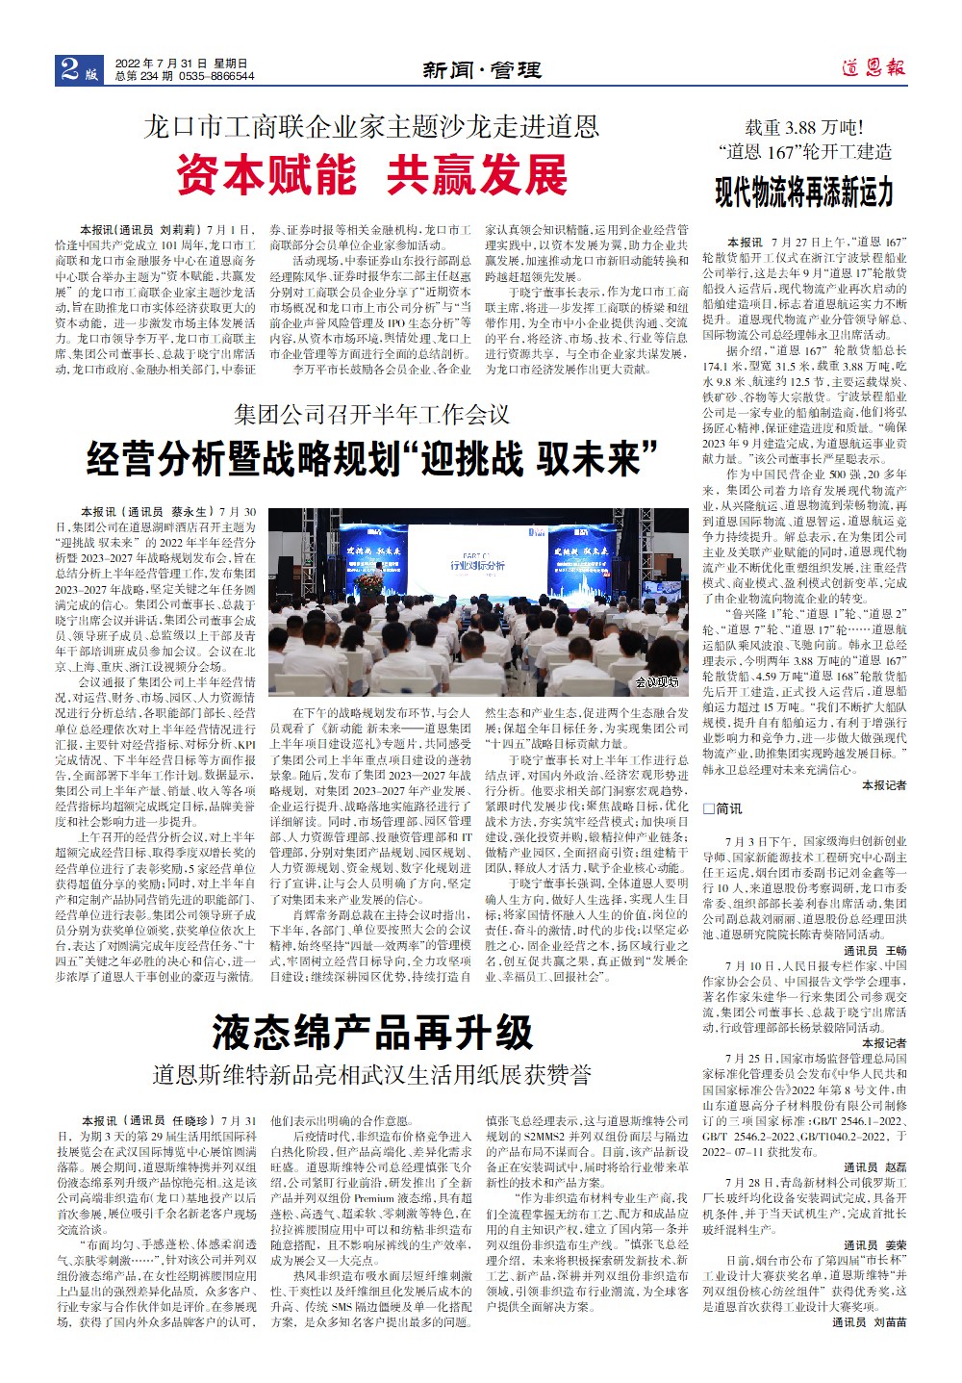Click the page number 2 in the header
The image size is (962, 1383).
point(69,68)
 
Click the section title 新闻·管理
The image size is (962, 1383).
point(482,70)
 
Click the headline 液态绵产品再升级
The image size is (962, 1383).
point(372,1033)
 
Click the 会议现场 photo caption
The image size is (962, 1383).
point(656,682)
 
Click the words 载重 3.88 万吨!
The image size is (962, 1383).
point(804,126)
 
